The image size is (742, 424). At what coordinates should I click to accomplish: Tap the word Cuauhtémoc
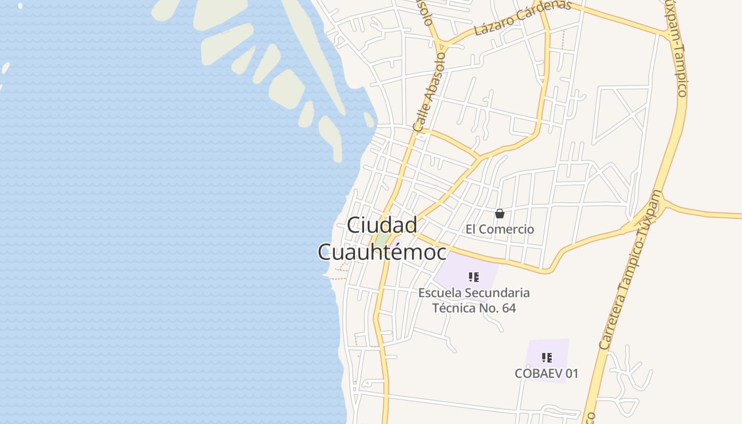click(x=382, y=252)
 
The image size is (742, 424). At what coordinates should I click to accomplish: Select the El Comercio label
click(x=500, y=229)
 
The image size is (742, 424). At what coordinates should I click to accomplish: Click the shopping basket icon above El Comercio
click(x=499, y=214)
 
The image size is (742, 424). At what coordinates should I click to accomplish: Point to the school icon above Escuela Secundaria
click(x=474, y=277)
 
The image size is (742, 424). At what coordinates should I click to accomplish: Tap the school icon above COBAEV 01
click(x=547, y=358)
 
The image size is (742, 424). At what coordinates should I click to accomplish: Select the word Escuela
click(x=439, y=293)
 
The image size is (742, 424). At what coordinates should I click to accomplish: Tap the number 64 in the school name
click(x=508, y=308)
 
